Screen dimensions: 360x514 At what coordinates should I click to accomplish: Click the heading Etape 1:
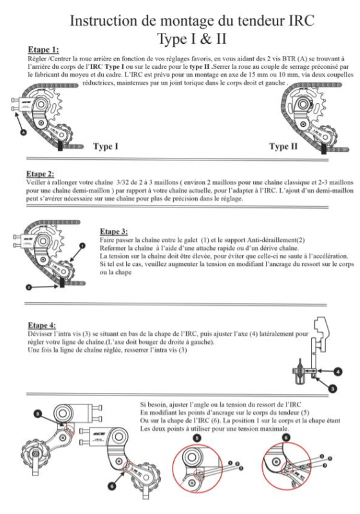click(43, 50)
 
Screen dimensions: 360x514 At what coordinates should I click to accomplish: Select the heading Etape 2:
click(40, 174)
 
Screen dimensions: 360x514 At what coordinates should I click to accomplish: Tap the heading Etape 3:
click(114, 231)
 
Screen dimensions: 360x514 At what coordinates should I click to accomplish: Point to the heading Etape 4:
click(42, 325)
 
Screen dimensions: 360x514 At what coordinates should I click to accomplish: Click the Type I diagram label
click(106, 146)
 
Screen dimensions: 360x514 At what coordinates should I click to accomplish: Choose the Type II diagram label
click(283, 146)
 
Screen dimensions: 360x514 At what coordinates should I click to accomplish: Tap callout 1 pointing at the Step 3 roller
click(82, 245)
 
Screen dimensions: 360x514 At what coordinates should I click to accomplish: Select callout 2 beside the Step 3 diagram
click(29, 287)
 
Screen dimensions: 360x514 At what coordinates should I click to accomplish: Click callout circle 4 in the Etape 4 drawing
click(337, 372)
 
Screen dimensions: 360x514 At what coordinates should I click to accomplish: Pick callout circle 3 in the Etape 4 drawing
click(333, 389)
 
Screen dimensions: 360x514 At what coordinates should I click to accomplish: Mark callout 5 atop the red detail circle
click(197, 438)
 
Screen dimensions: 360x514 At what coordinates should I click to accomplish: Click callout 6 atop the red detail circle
click(286, 437)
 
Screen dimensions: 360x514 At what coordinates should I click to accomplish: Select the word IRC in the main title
click(301, 21)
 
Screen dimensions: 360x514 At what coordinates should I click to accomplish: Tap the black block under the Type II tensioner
click(323, 149)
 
